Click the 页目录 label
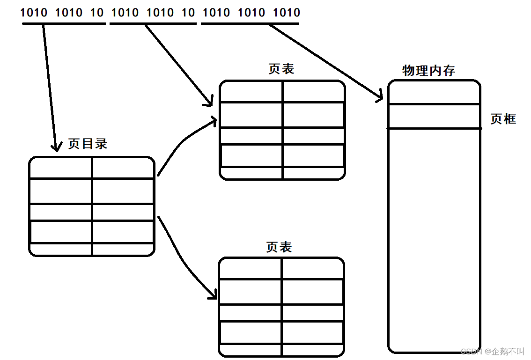pyautogui.click(x=88, y=144)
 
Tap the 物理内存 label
pyautogui.click(x=428, y=71)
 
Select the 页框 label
pyautogui.click(x=503, y=119)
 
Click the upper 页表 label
pyautogui.click(x=281, y=69)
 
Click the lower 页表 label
pyautogui.click(x=279, y=247)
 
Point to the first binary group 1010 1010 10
pyautogui.click(x=62, y=13)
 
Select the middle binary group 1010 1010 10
pyautogui.click(x=153, y=13)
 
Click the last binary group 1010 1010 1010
pyautogui.click(x=251, y=13)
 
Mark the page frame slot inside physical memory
pyautogui.click(x=434, y=116)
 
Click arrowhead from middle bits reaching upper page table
pyautogui.click(x=210, y=102)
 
